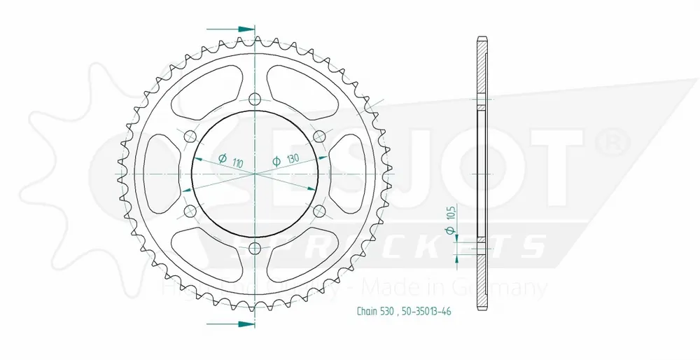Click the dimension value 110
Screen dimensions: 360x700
pyautogui.click(x=239, y=163)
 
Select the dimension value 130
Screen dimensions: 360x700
pyautogui.click(x=292, y=160)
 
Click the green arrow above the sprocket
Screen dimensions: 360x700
pyautogui.click(x=242, y=29)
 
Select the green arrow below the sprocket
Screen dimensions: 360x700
pyautogui.click(x=242, y=324)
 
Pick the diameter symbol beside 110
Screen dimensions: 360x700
pyautogui.click(x=222, y=158)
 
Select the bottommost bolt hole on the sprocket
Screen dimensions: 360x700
pyautogui.click(x=254, y=247)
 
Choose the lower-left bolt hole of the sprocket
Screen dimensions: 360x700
pyautogui.click(x=189, y=210)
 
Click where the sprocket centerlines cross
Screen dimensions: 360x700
pyautogui.click(x=254, y=172)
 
